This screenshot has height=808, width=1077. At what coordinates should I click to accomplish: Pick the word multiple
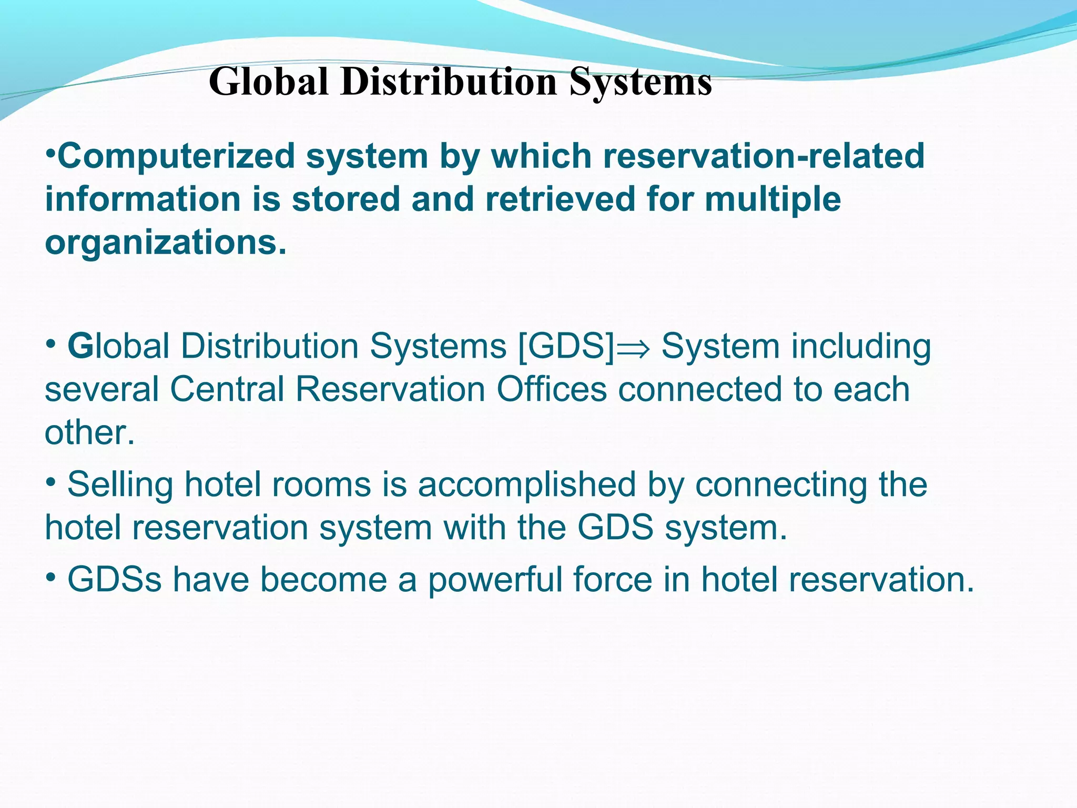point(773,199)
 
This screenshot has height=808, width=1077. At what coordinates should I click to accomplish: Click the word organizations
point(166,243)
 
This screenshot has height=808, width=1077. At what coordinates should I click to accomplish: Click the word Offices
point(552,390)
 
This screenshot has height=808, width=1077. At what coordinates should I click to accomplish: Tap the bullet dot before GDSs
point(50,577)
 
